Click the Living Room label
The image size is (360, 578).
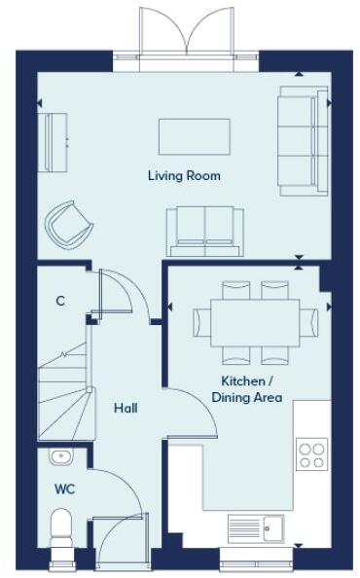pos(184,176)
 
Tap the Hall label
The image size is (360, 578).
pos(124,408)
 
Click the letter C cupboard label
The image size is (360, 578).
pos(60,302)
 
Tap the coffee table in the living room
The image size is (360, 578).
pos(195,136)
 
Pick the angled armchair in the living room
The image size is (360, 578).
pos(69,225)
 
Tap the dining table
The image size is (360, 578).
pos(246,320)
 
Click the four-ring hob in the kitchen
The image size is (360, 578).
pos(312,454)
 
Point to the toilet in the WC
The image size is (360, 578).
pos(62,533)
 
